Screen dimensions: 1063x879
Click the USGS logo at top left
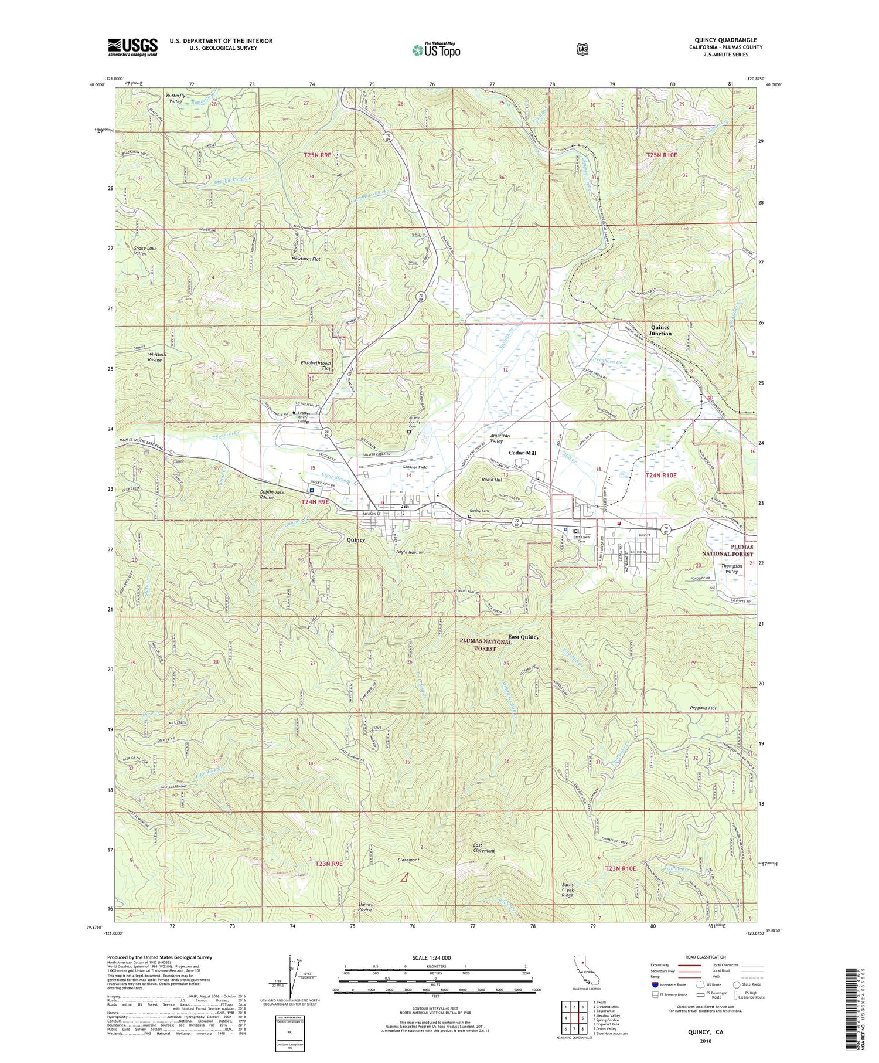point(133,46)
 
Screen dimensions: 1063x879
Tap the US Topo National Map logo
point(436,49)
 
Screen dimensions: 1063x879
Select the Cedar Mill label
point(522,453)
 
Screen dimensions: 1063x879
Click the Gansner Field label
point(414,467)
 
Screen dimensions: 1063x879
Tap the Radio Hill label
point(486,480)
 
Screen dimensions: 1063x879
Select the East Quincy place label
point(523,637)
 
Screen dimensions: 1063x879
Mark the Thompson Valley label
point(732,569)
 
